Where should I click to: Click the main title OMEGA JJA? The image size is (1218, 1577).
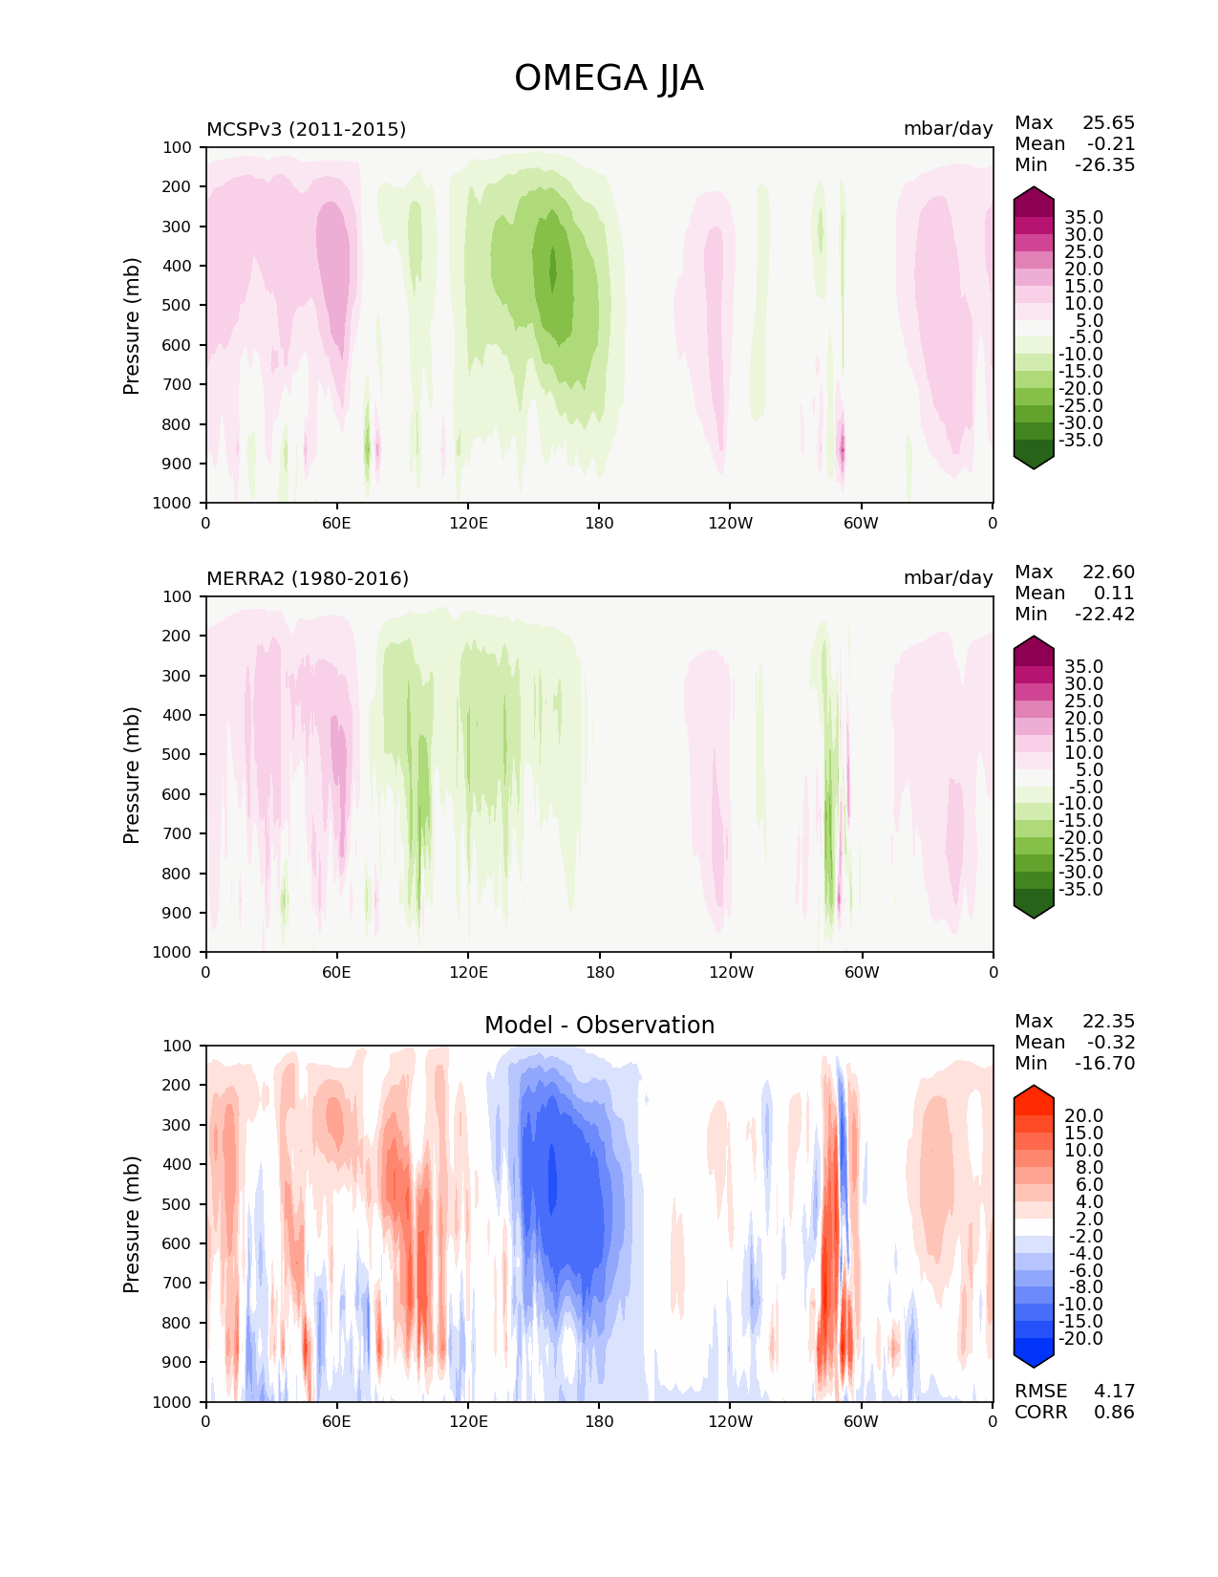[x=609, y=78]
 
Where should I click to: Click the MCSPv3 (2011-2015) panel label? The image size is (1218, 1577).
[x=306, y=129]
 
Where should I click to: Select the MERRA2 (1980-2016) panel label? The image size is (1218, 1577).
[x=308, y=578]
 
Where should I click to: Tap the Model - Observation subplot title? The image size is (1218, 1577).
[x=599, y=1026]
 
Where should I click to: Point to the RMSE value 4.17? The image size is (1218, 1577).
[x=1114, y=1391]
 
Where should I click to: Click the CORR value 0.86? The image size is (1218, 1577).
[x=1114, y=1412]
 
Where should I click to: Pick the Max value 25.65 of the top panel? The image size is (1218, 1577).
[x=1108, y=123]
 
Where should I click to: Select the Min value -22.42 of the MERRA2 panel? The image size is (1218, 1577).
[x=1104, y=615]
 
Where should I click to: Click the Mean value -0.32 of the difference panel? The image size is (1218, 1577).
[x=1110, y=1043]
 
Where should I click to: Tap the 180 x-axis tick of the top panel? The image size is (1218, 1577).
[x=599, y=523]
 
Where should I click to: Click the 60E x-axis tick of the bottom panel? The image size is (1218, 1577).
[x=336, y=1421]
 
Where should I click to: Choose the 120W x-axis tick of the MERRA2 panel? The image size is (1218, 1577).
[x=731, y=972]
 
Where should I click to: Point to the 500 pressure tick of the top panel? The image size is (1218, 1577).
[x=178, y=306]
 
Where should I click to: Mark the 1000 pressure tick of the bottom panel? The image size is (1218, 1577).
[x=173, y=1402]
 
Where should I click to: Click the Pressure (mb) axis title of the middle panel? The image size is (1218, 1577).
[x=132, y=774]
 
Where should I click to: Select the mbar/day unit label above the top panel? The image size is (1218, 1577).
[x=948, y=129]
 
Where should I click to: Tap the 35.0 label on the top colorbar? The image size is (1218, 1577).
[x=1083, y=218]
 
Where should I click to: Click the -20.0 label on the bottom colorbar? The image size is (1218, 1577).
[x=1080, y=1339]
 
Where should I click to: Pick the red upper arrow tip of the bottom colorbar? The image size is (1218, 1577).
[x=1034, y=1093]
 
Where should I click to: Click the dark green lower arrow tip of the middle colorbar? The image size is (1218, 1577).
[x=1034, y=911]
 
